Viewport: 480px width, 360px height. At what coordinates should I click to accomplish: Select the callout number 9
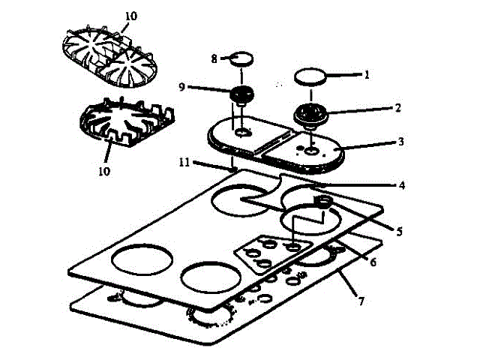click(182, 87)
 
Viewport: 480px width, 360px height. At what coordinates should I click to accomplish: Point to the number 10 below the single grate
click(103, 171)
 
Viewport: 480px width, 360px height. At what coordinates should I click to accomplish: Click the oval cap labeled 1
click(311, 75)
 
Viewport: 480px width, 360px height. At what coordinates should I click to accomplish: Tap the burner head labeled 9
click(240, 96)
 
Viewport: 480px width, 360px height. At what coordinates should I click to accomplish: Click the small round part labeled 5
click(323, 200)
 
